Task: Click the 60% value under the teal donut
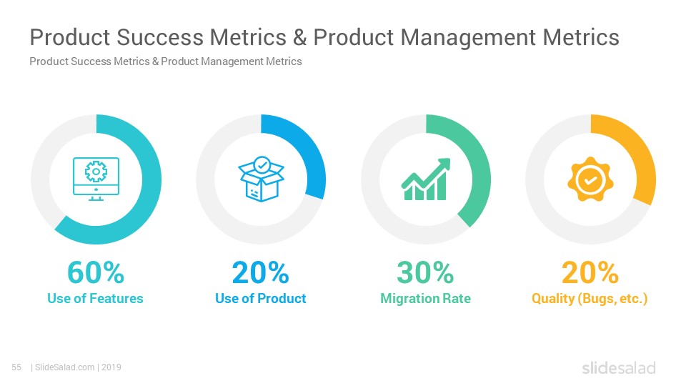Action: tap(96, 272)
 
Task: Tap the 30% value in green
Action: tap(425, 272)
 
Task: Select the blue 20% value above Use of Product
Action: tap(260, 272)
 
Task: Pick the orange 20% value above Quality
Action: tap(590, 272)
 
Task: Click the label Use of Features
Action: tap(95, 299)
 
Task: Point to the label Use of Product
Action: tap(260, 299)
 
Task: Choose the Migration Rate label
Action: tap(425, 299)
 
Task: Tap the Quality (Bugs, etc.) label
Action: tap(590, 299)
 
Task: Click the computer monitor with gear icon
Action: tap(96, 179)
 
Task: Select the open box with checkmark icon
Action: tap(262, 179)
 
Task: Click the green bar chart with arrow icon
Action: tap(426, 179)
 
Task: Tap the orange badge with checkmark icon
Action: tap(590, 179)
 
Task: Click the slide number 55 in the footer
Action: tap(16, 367)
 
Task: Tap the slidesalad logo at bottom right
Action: tap(619, 368)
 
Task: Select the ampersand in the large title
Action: tap(299, 37)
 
